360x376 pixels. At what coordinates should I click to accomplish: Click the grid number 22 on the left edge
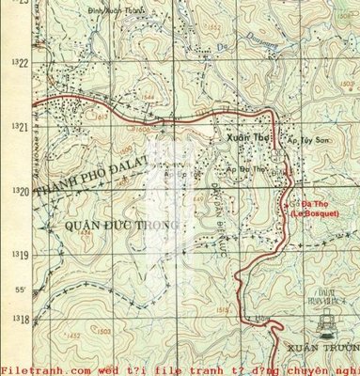pyautogui.click(x=22, y=63)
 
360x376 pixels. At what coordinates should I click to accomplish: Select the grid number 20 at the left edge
pyautogui.click(x=22, y=191)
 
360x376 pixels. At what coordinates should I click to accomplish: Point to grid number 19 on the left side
pyautogui.click(x=22, y=255)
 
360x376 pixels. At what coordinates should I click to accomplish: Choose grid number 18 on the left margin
pyautogui.click(x=22, y=320)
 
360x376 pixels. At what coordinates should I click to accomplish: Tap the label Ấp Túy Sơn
pyautogui.click(x=304, y=138)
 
